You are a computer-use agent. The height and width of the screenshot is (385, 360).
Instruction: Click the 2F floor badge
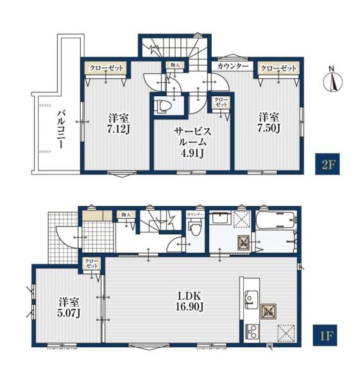pyautogui.click(x=327, y=164)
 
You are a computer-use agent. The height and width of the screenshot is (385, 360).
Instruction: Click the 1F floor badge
pyautogui.click(x=325, y=335)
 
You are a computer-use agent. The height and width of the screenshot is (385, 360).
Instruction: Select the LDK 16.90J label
pyautogui.click(x=189, y=301)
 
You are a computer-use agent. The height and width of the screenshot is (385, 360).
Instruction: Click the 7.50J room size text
pyautogui.click(x=269, y=128)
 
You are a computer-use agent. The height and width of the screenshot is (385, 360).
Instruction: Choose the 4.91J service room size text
pyautogui.click(x=193, y=153)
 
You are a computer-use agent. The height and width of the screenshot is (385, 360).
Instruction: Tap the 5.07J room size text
pyautogui.click(x=69, y=313)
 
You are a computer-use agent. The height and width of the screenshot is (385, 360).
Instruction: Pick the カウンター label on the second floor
pyautogui.click(x=233, y=66)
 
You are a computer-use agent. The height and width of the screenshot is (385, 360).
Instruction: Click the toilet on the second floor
pyautogui.click(x=162, y=107)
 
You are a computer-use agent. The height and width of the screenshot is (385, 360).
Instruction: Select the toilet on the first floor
pyautogui.click(x=196, y=227)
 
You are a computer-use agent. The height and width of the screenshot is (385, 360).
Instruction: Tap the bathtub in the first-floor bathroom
pyautogui.click(x=275, y=220)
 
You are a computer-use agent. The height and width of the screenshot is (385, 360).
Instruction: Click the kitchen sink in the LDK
pyautogui.click(x=252, y=300)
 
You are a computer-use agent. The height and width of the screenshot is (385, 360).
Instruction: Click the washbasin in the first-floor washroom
pyautogui.click(x=221, y=218)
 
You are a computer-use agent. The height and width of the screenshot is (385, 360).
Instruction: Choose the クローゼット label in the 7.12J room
pyautogui.click(x=106, y=68)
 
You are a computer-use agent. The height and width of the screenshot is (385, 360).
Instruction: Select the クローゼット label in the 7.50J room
pyautogui.click(x=279, y=68)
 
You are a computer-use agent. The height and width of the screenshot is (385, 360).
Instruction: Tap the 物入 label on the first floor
pyautogui.click(x=126, y=214)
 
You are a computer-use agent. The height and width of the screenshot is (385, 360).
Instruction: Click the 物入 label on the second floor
pyautogui.click(x=175, y=65)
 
